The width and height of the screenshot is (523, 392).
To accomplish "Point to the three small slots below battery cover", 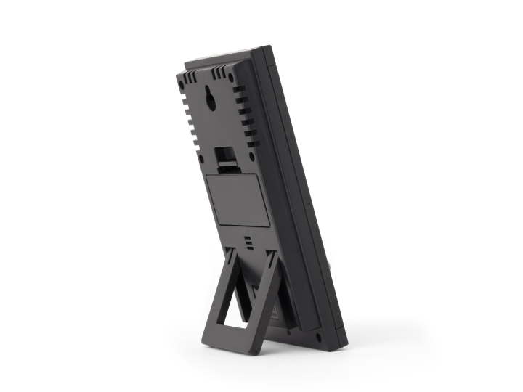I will [x=248, y=242].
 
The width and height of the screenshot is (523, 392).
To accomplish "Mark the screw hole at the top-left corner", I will [x=181, y=84].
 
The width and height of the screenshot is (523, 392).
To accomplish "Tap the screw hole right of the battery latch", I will [x=251, y=155].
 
